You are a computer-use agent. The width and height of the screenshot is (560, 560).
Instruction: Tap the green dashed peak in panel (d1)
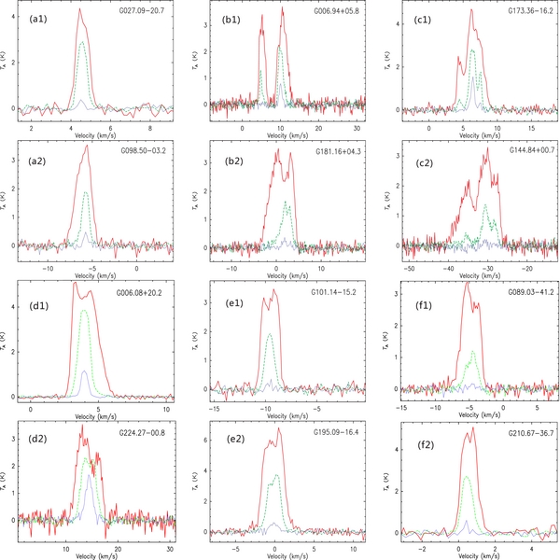85,311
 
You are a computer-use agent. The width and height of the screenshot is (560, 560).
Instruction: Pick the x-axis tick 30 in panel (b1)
355,125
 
